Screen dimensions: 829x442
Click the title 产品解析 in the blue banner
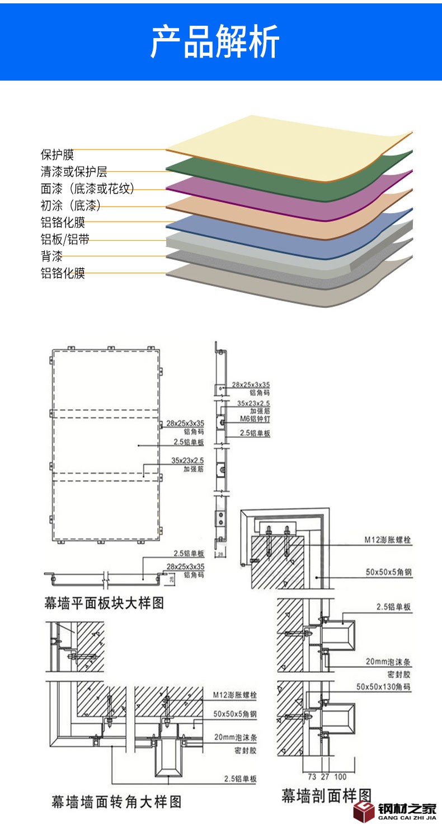click(x=215, y=41)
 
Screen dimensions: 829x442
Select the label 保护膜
click(x=57, y=154)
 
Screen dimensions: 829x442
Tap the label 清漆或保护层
click(x=73, y=172)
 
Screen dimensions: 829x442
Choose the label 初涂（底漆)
click(x=70, y=205)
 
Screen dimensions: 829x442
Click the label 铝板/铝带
click(x=64, y=240)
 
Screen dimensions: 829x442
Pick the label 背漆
click(x=51, y=256)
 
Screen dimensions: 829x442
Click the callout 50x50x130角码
click(x=384, y=686)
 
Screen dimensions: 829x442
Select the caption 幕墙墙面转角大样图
click(x=116, y=802)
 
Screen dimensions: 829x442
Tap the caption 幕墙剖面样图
click(x=326, y=795)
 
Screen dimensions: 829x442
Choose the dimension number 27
click(x=325, y=776)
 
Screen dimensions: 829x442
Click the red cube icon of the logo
click(x=364, y=811)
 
